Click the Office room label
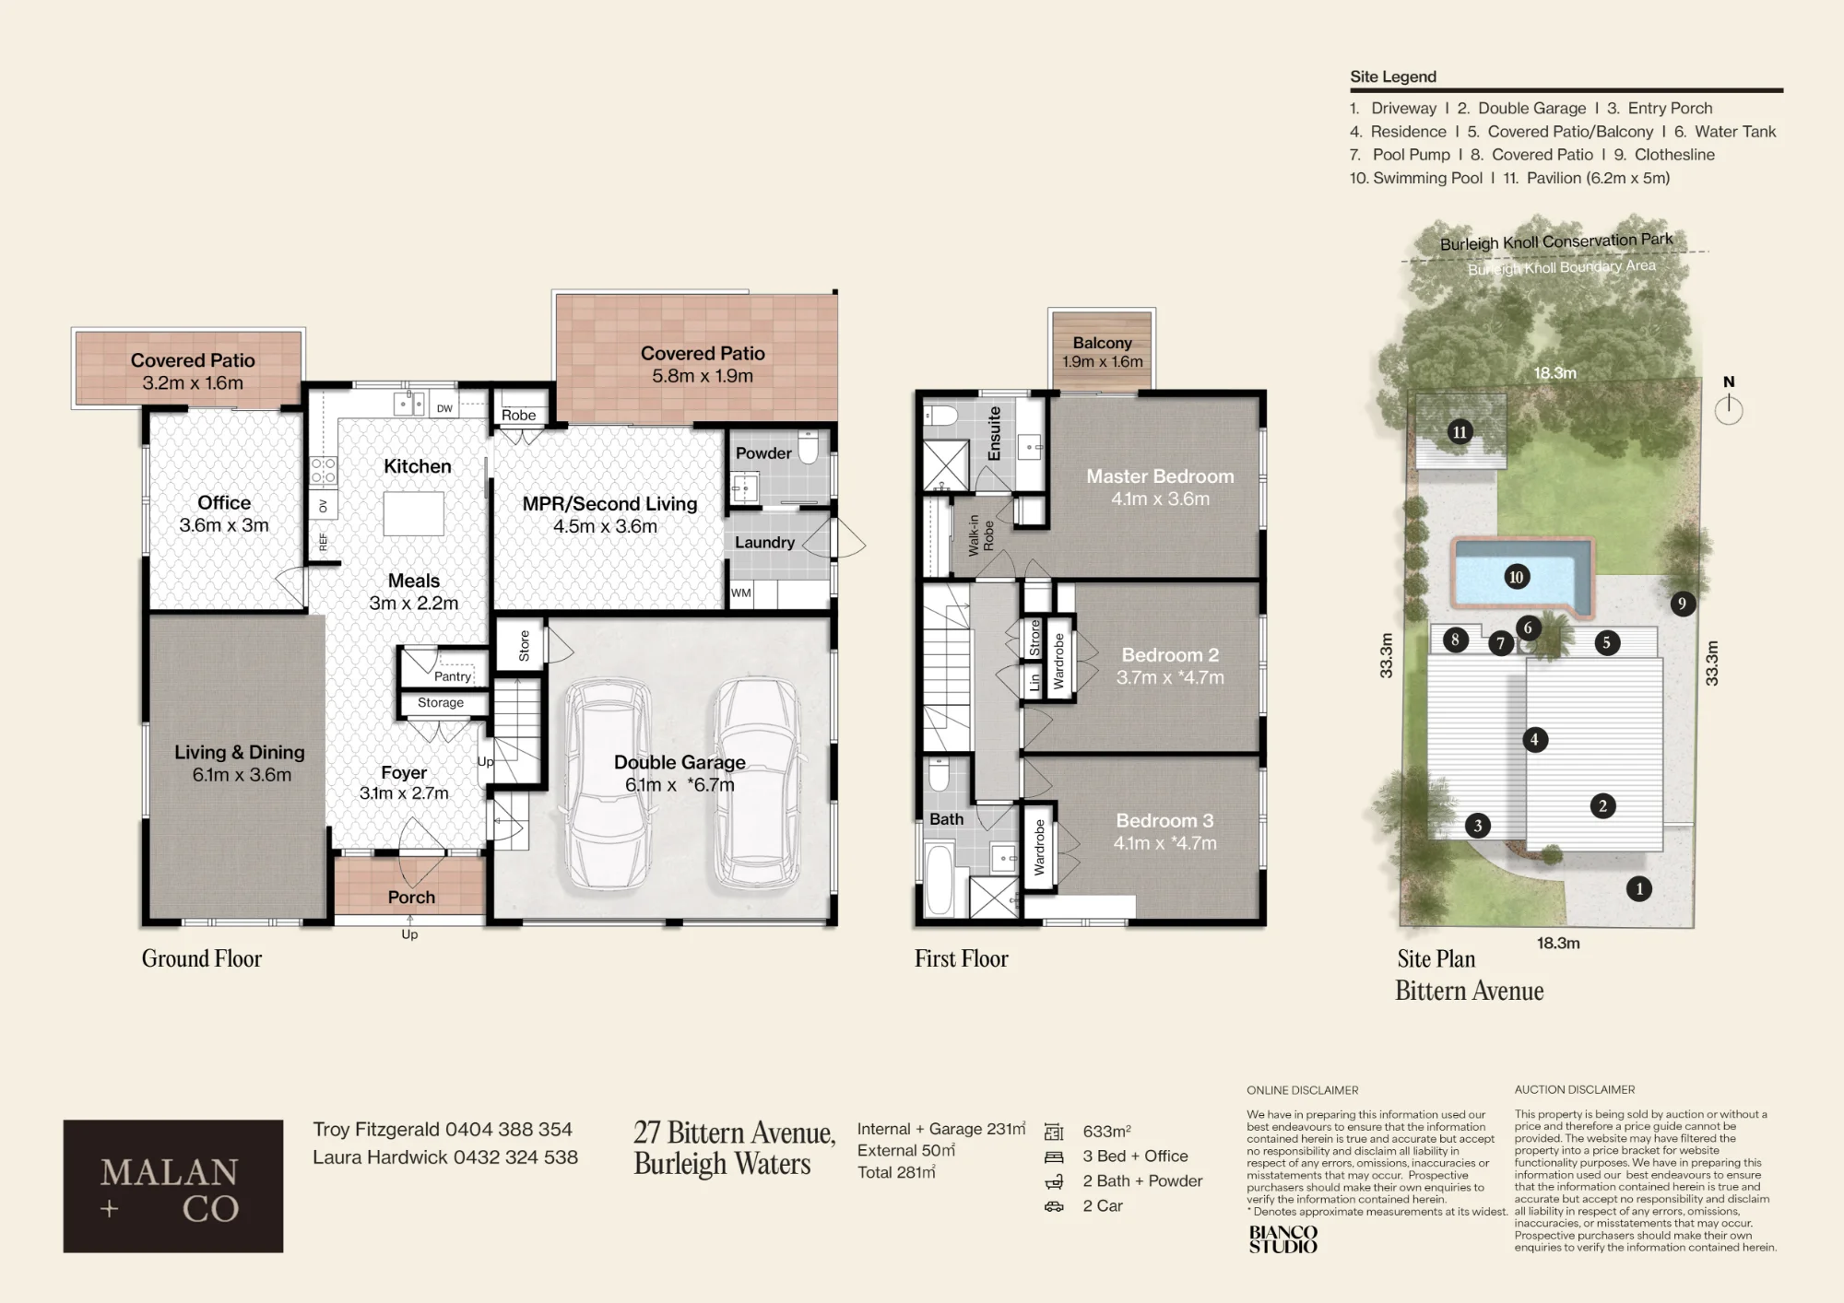[224, 502]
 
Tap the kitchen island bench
[414, 513]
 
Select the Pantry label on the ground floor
[453, 676]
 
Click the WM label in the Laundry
[741, 593]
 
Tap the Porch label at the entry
[411, 897]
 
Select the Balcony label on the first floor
[1102, 343]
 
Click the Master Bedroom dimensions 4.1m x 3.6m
[1160, 499]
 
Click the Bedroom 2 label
[1170, 655]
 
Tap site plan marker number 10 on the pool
[1516, 577]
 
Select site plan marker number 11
[1460, 431]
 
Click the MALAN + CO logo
[173, 1186]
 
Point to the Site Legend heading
[1393, 76]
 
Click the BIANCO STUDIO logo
[1283, 1239]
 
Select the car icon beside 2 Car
[1054, 1206]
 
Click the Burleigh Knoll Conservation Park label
[1556, 241]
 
